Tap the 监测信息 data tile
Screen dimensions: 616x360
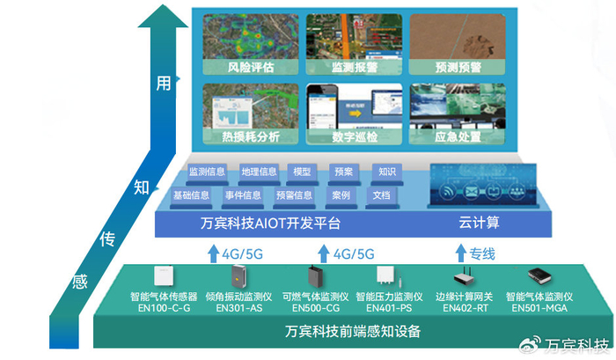coord(209,172)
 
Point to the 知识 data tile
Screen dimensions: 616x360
coord(386,172)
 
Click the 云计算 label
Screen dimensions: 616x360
coord(480,224)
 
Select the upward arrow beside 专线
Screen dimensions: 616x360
coord(458,253)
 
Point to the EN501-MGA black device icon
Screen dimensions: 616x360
coord(539,278)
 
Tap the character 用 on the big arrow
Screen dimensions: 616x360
coord(164,83)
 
